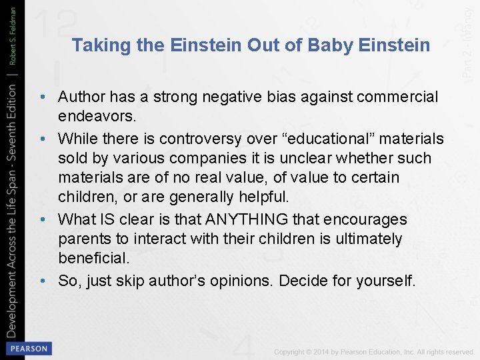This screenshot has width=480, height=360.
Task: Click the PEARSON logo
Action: pyautogui.click(x=29, y=349)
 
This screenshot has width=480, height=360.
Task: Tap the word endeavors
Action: pyautogui.click(x=97, y=117)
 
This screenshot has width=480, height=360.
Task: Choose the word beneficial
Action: pyautogui.click(x=93, y=258)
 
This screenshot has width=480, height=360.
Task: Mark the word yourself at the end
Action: pyautogui.click(x=385, y=281)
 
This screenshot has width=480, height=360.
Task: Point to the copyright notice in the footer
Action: pyautogui.click(x=374, y=351)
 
